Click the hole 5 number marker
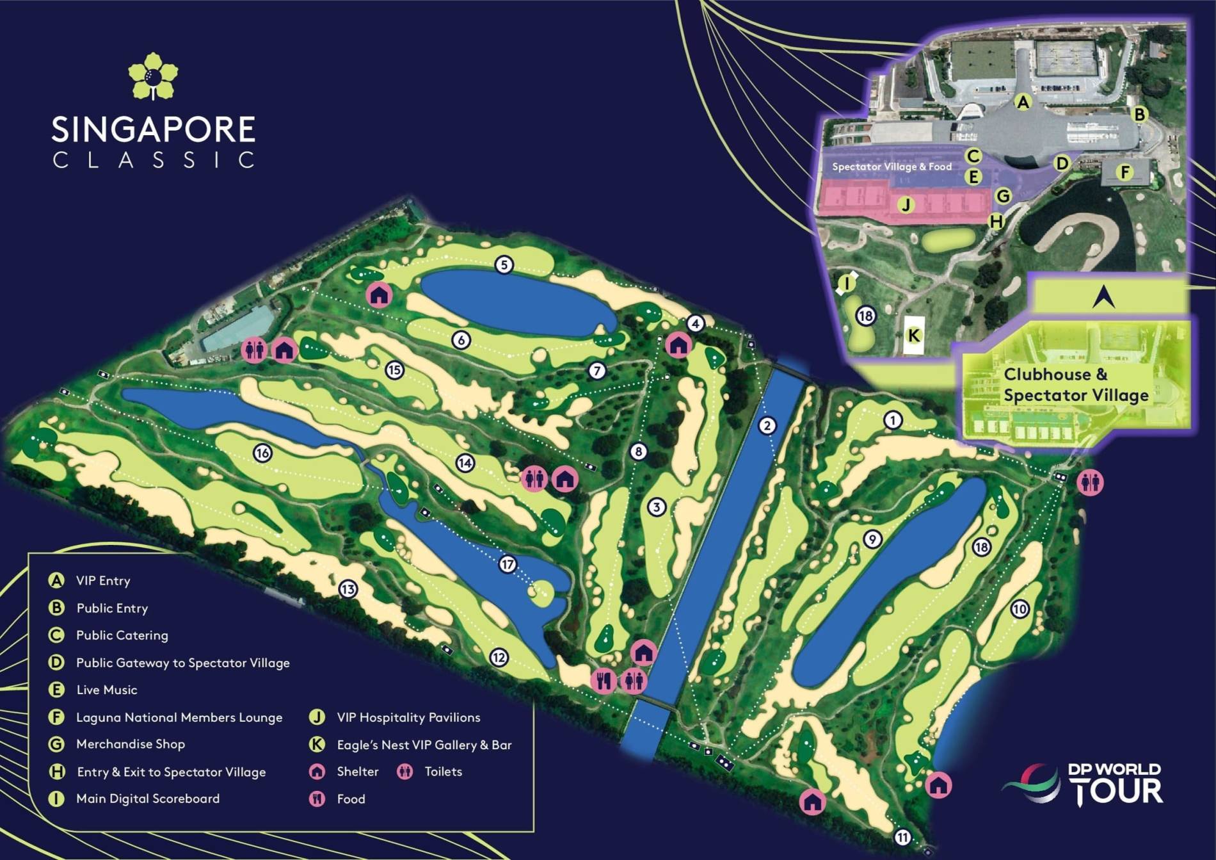click(x=504, y=264)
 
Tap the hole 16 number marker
click(x=262, y=453)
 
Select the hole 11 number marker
click(x=902, y=838)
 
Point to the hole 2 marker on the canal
click(x=767, y=425)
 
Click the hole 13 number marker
click(x=348, y=589)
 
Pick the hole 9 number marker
click(x=872, y=539)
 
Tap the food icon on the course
click(x=603, y=681)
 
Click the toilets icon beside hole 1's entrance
click(x=1090, y=482)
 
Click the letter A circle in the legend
click(x=57, y=580)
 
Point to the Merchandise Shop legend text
click(x=131, y=744)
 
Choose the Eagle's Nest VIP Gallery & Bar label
click(x=424, y=745)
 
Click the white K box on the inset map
click(x=914, y=336)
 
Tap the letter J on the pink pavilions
click(x=906, y=205)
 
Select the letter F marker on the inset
click(x=1124, y=172)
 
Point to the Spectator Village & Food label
click(x=892, y=166)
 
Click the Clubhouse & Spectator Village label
click(x=1075, y=385)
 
